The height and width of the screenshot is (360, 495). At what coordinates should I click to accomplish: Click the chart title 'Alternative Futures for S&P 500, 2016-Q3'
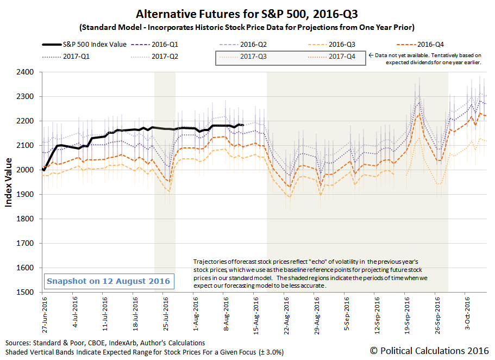[x=247, y=14]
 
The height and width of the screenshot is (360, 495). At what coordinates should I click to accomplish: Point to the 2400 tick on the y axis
[x=27, y=72]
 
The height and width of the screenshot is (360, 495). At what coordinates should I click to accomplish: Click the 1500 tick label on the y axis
[x=27, y=293]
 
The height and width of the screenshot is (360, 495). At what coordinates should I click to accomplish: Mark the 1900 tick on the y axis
[x=27, y=195]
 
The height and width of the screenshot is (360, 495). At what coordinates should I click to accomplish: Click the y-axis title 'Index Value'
[x=9, y=182]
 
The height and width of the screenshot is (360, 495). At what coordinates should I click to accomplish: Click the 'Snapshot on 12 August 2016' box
[x=108, y=281]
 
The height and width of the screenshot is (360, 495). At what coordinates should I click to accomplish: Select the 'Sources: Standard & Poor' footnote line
[x=105, y=343]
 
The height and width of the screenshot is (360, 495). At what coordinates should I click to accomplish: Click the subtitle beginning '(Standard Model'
[x=247, y=27]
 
